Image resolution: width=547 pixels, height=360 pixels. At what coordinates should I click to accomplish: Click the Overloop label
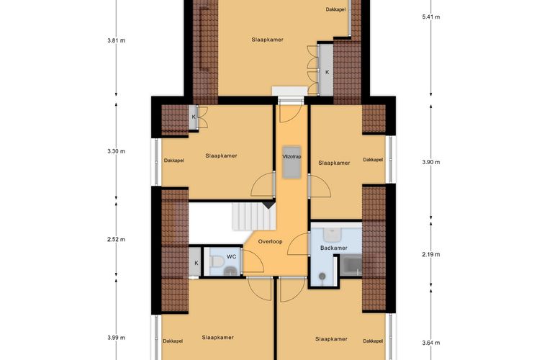pyautogui.click(x=271, y=241)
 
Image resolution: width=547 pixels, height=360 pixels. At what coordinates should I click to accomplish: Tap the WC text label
pyautogui.click(x=231, y=256)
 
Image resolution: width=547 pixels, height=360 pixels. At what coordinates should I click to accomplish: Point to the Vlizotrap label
pyautogui.click(x=291, y=156)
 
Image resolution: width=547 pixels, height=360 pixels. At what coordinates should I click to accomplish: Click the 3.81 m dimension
pyautogui.click(x=116, y=40)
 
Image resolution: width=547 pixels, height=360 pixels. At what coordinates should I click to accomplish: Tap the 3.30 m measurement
pyautogui.click(x=116, y=151)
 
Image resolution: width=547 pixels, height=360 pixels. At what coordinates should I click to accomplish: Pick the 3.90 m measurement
pyautogui.click(x=430, y=162)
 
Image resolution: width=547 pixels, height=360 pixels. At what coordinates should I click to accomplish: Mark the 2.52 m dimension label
pyautogui.click(x=116, y=239)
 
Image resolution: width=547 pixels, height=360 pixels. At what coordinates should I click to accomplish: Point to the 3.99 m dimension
pyautogui.click(x=116, y=337)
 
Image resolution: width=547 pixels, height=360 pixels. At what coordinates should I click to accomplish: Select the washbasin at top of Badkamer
pyautogui.click(x=333, y=235)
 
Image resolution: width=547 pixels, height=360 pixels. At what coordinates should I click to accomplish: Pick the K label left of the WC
pyautogui.click(x=196, y=264)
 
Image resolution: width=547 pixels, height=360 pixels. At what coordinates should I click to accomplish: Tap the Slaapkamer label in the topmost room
pyautogui.click(x=267, y=39)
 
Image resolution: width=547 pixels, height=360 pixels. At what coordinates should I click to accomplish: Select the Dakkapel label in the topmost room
pyautogui.click(x=335, y=10)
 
